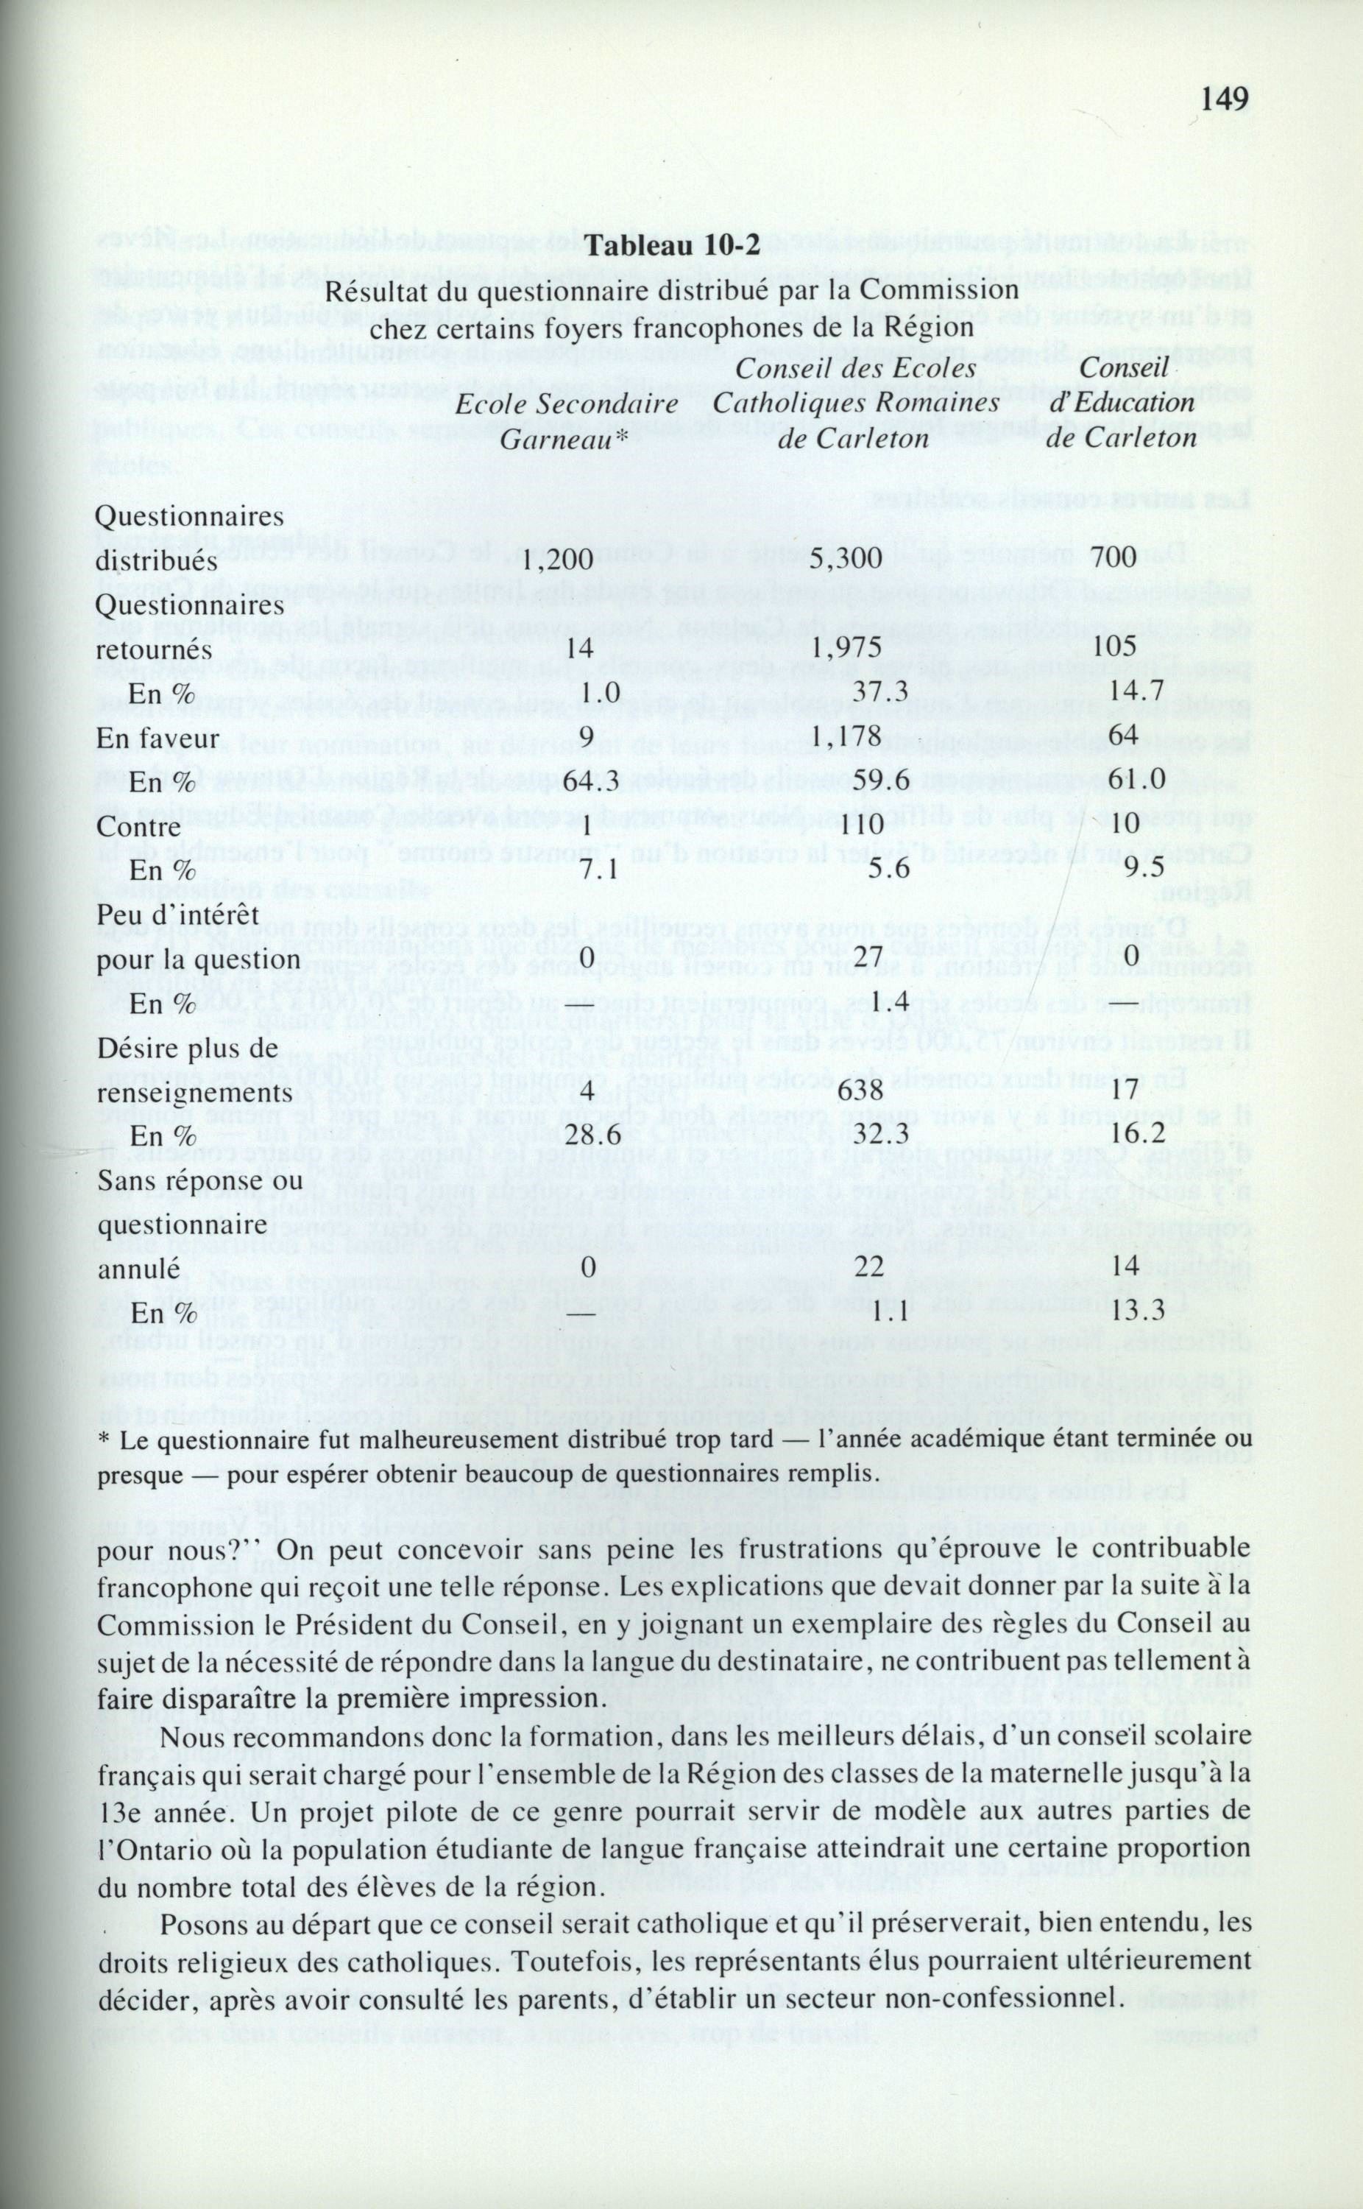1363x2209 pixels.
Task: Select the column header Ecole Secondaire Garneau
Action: pyautogui.click(x=565, y=422)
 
